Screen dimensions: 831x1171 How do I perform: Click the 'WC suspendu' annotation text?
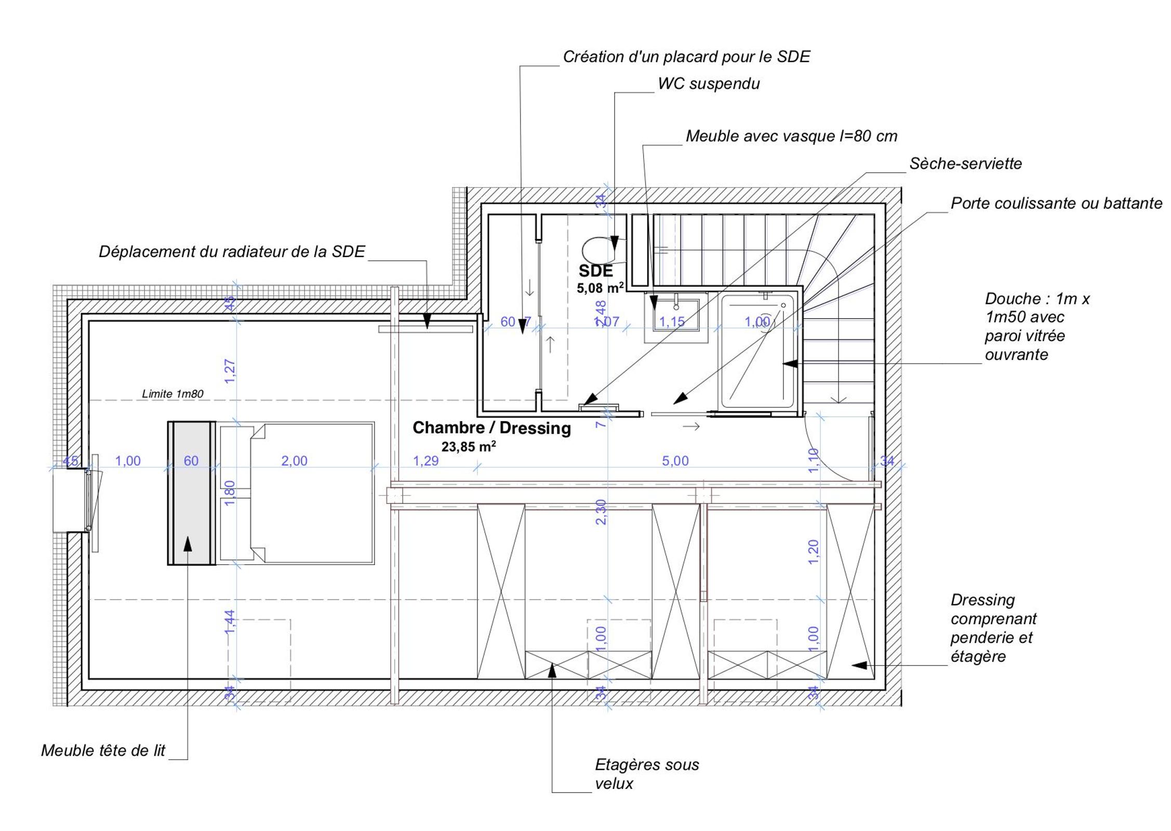pyautogui.click(x=708, y=84)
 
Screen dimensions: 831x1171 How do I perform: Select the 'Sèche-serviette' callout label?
pyautogui.click(x=965, y=164)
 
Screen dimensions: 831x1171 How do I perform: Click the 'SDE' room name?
pyautogui.click(x=595, y=271)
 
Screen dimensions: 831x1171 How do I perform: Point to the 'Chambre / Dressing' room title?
pyautogui.click(x=491, y=428)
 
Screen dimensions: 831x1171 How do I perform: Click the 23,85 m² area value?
pyautogui.click(x=468, y=447)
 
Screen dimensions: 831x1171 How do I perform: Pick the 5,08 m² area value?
pyautogui.click(x=600, y=288)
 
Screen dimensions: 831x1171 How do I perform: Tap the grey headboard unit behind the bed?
pyautogui.click(x=191, y=493)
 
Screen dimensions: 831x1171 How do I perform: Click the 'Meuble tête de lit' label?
pyautogui.click(x=103, y=750)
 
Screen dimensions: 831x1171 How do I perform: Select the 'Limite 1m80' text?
pyautogui.click(x=172, y=394)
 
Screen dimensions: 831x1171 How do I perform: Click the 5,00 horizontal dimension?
pyautogui.click(x=675, y=461)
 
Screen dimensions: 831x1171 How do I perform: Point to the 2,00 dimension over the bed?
pyautogui.click(x=294, y=461)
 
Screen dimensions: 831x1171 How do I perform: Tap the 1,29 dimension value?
pyautogui.click(x=425, y=461)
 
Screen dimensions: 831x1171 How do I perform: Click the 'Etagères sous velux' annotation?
pyautogui.click(x=646, y=774)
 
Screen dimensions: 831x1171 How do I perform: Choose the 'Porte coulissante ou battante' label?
pyautogui.click(x=1056, y=203)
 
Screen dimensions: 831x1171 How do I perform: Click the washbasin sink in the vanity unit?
pyautogui.click(x=676, y=315)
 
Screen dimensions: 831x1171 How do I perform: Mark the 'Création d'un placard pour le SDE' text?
pyautogui.click(x=686, y=57)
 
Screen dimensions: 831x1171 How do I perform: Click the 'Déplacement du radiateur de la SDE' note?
pyautogui.click(x=232, y=251)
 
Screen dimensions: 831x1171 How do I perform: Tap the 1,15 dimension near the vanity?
pyautogui.click(x=672, y=322)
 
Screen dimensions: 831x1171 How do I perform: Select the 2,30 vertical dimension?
pyautogui.click(x=601, y=512)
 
